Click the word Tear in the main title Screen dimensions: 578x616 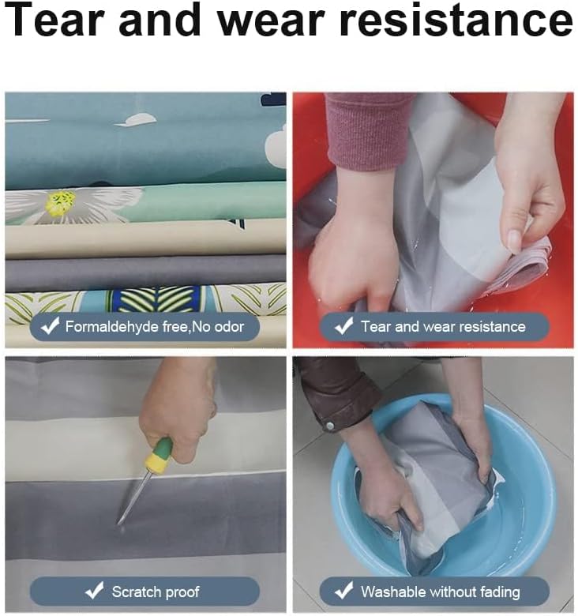(56, 20)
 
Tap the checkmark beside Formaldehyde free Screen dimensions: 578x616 (51, 325)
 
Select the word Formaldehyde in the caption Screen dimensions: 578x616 (112, 326)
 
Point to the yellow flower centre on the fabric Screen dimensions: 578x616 (61, 202)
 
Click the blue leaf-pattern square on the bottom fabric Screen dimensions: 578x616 (156, 300)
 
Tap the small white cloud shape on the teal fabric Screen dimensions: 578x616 (136, 120)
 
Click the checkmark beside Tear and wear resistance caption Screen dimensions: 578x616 (344, 326)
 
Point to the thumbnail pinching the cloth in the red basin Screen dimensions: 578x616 (514, 239)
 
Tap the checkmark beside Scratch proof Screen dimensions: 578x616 (94, 591)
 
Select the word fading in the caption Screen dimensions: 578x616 (499, 592)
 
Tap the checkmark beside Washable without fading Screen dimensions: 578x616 (344, 591)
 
